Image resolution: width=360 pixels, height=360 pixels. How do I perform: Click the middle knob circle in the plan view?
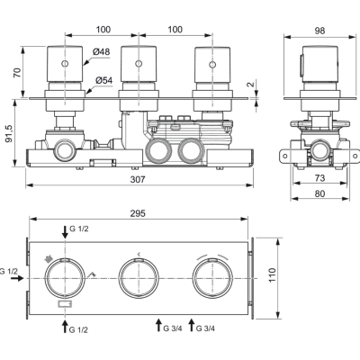(x=138, y=278)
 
